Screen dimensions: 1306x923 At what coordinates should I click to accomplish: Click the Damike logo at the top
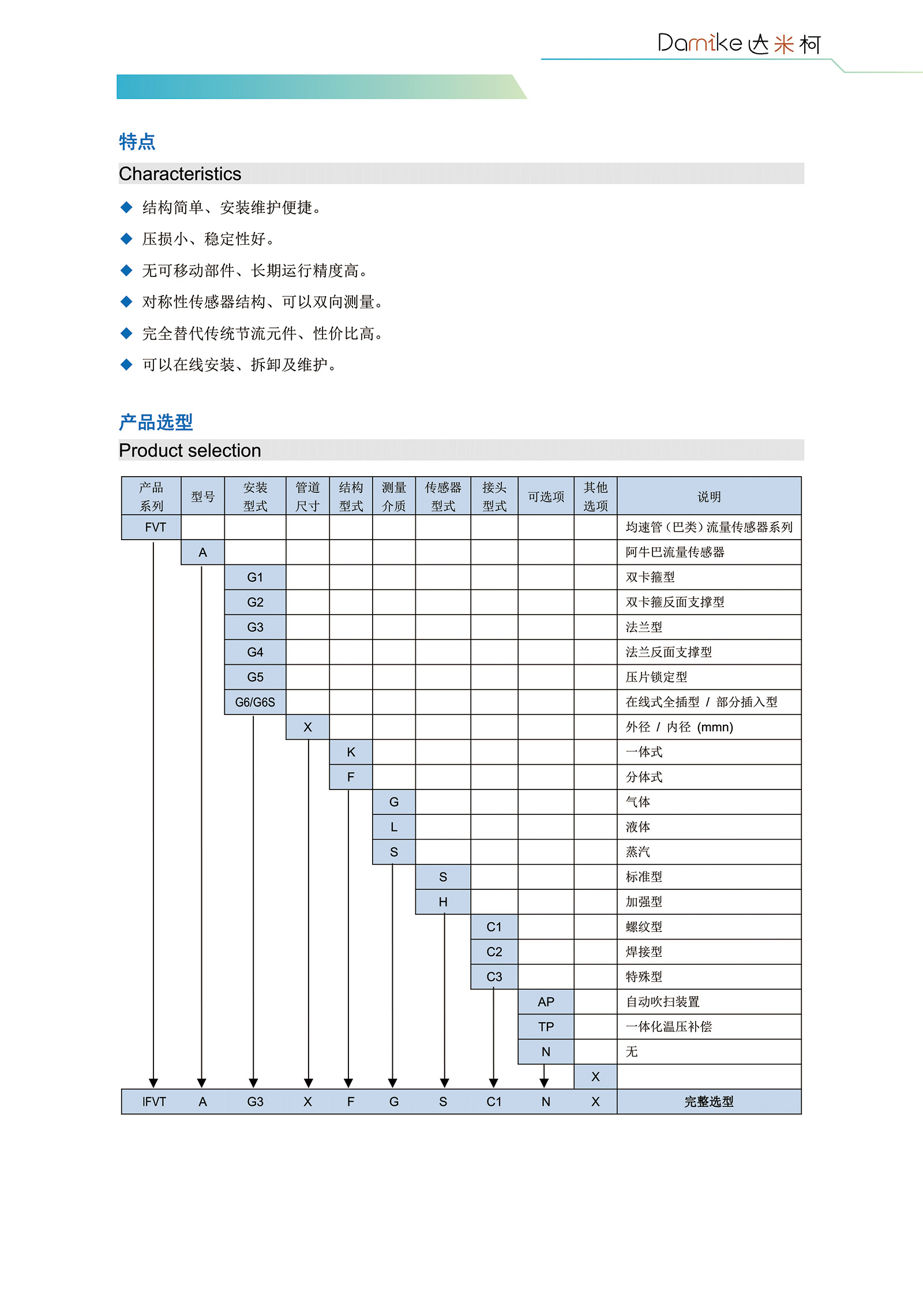738,43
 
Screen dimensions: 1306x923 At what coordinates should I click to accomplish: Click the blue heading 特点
137,141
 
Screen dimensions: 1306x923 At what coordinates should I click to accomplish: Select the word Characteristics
180,174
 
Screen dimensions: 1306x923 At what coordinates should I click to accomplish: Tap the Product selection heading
190,450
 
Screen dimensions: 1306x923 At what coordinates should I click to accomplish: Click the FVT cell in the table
155,527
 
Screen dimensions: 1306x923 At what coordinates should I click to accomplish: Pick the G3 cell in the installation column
255,627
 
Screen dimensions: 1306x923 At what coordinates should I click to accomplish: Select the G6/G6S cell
255,702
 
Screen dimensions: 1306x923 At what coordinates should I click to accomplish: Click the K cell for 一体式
351,752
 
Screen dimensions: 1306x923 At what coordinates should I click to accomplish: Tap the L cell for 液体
394,827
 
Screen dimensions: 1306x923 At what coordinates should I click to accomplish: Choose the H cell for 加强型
443,902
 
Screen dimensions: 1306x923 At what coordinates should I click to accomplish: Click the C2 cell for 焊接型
494,952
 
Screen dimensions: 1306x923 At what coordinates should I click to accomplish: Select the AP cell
546,1002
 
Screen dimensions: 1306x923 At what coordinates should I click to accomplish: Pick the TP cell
546,1027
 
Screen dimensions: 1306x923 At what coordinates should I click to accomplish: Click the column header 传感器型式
443,496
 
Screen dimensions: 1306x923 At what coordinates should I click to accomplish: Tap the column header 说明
709,496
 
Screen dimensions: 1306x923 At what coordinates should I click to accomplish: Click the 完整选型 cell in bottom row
709,1102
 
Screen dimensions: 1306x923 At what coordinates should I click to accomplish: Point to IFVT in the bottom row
154,1102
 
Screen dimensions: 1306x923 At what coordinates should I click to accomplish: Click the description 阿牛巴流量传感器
675,552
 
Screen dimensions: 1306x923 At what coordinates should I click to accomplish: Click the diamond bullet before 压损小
126,239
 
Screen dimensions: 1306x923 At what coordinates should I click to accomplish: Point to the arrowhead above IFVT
153,1083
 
